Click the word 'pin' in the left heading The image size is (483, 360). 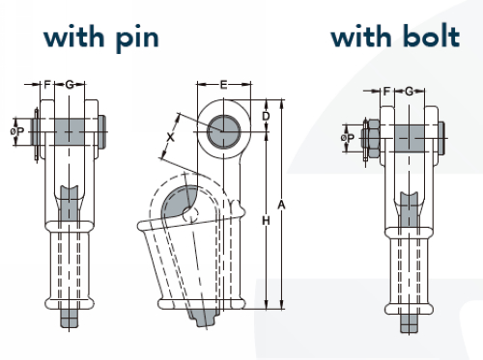pyautogui.click(x=137, y=39)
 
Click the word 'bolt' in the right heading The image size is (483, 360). pyautogui.click(x=431, y=36)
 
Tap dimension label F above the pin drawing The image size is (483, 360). pyautogui.click(x=47, y=85)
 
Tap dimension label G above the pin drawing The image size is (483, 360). pyautogui.click(x=70, y=85)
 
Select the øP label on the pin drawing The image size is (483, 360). pyautogui.click(x=17, y=131)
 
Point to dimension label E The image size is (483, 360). pyautogui.click(x=223, y=85)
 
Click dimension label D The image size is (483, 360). pyautogui.click(x=266, y=116)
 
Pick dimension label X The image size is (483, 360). pyautogui.click(x=170, y=137)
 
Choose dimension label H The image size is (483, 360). pyautogui.click(x=266, y=220)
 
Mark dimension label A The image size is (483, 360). pyautogui.click(x=281, y=205)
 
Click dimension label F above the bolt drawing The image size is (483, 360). pyautogui.click(x=386, y=92)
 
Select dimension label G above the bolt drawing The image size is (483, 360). pyautogui.click(x=409, y=92)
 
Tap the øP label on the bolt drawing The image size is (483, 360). pyautogui.click(x=348, y=138)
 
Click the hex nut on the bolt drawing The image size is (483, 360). pyautogui.click(x=374, y=138)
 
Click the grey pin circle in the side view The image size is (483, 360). pyautogui.click(x=223, y=131)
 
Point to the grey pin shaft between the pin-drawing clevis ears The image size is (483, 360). pyautogui.click(x=69, y=131)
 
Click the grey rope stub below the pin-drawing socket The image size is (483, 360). pyautogui.click(x=70, y=318)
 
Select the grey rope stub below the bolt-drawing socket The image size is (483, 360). pyautogui.click(x=409, y=323)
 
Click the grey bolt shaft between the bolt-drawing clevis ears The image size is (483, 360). pyautogui.click(x=410, y=138)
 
